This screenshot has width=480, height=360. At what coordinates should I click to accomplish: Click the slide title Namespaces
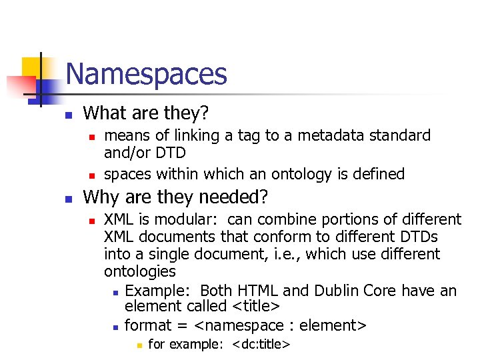coord(147,74)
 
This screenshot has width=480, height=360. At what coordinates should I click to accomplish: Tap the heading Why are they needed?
coord(175,197)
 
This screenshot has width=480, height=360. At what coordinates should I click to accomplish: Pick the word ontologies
coord(140,271)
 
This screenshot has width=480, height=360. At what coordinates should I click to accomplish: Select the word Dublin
coord(338,291)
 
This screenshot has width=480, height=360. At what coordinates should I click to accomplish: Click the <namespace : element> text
coord(280,325)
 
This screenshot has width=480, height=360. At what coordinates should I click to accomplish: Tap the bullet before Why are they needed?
coord(68,199)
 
